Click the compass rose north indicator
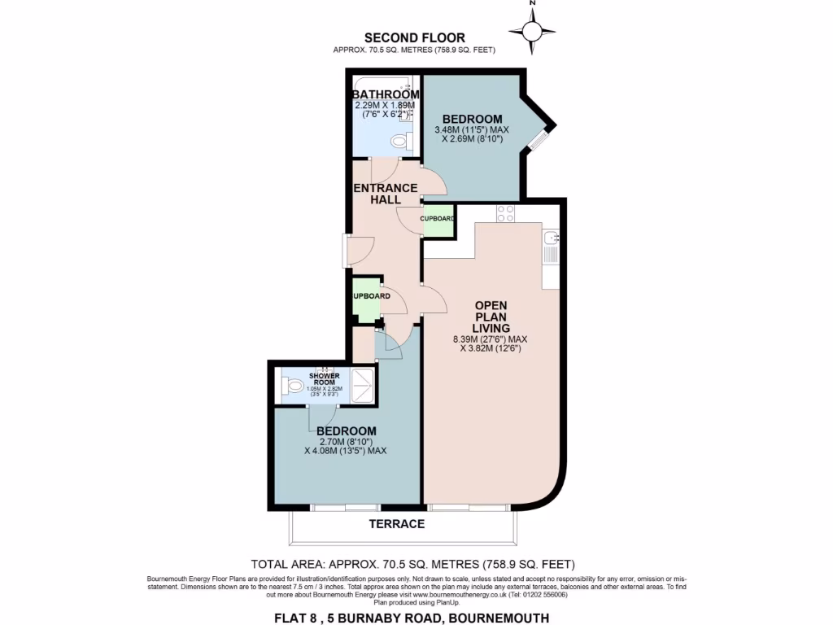coord(533,31)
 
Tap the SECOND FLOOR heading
coord(415,37)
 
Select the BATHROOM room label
coord(386,94)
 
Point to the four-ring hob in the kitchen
coord(505,213)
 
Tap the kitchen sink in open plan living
coord(551,238)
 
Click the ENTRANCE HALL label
coord(385,194)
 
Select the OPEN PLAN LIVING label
coord(491,317)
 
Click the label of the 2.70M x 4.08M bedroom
coord(347,431)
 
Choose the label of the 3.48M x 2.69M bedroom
coord(472,119)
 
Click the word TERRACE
coord(398,523)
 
